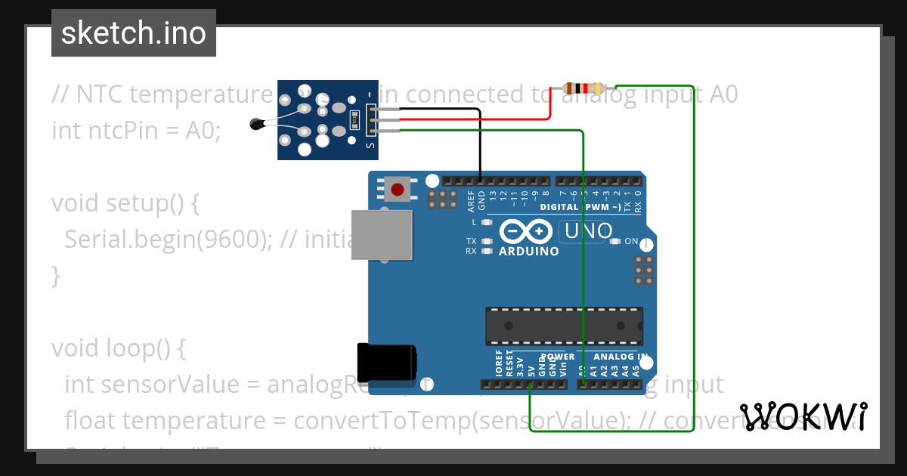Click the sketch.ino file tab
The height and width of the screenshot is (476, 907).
133,33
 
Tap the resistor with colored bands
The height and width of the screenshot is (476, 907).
583,88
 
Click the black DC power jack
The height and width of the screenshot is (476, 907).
385,362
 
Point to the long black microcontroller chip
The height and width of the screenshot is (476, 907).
564,326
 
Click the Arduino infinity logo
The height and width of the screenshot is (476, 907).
527,231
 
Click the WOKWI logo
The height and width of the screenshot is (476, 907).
803,416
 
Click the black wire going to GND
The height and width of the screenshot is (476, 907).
479,144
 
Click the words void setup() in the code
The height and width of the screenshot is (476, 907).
125,203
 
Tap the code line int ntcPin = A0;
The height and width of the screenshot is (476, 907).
136,131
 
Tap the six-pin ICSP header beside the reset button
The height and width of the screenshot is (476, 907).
442,199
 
